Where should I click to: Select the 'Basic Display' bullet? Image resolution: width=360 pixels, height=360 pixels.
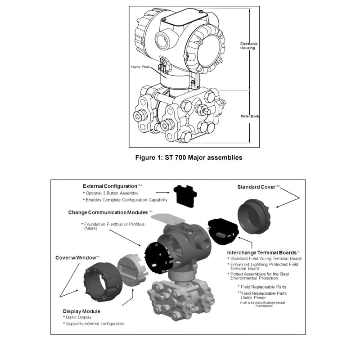(x=79, y=317)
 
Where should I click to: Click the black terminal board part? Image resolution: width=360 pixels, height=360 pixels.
(x=223, y=231)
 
